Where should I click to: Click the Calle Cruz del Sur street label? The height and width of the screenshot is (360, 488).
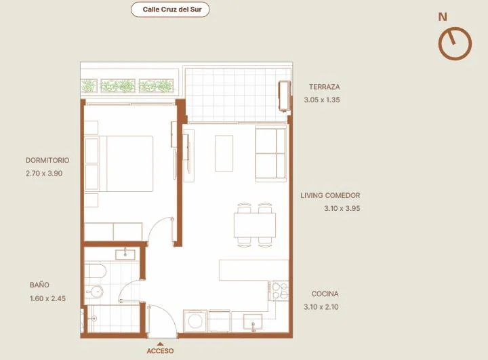[x=172, y=9]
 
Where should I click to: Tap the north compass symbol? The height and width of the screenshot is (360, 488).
[x=455, y=43]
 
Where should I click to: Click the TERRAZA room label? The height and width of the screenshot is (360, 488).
[x=324, y=87]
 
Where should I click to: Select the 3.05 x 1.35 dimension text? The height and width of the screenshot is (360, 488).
[x=322, y=100]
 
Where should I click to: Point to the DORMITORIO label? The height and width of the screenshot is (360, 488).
[x=47, y=161]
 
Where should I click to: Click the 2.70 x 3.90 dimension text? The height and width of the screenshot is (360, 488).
[x=44, y=174]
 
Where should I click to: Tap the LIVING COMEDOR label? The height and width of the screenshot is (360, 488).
[x=330, y=195]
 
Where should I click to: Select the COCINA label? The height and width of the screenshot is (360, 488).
[x=325, y=294]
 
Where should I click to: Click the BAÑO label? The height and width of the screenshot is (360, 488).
[x=39, y=285]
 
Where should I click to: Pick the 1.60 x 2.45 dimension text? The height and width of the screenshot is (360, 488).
[x=47, y=298]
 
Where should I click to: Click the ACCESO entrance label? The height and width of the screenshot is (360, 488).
[x=160, y=351]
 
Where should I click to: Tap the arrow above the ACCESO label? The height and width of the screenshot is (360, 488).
[x=160, y=344]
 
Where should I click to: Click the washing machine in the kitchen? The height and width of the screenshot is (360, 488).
[x=195, y=321]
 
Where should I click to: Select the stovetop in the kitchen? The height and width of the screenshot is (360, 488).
[x=280, y=291]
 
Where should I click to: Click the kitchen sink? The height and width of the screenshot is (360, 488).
[x=253, y=322]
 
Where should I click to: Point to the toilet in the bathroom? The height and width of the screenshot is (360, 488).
[x=94, y=292]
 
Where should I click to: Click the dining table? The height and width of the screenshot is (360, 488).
[x=255, y=225]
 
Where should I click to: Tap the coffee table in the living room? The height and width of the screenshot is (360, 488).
[x=224, y=153]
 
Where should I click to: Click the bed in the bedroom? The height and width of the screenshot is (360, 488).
[x=119, y=163]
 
